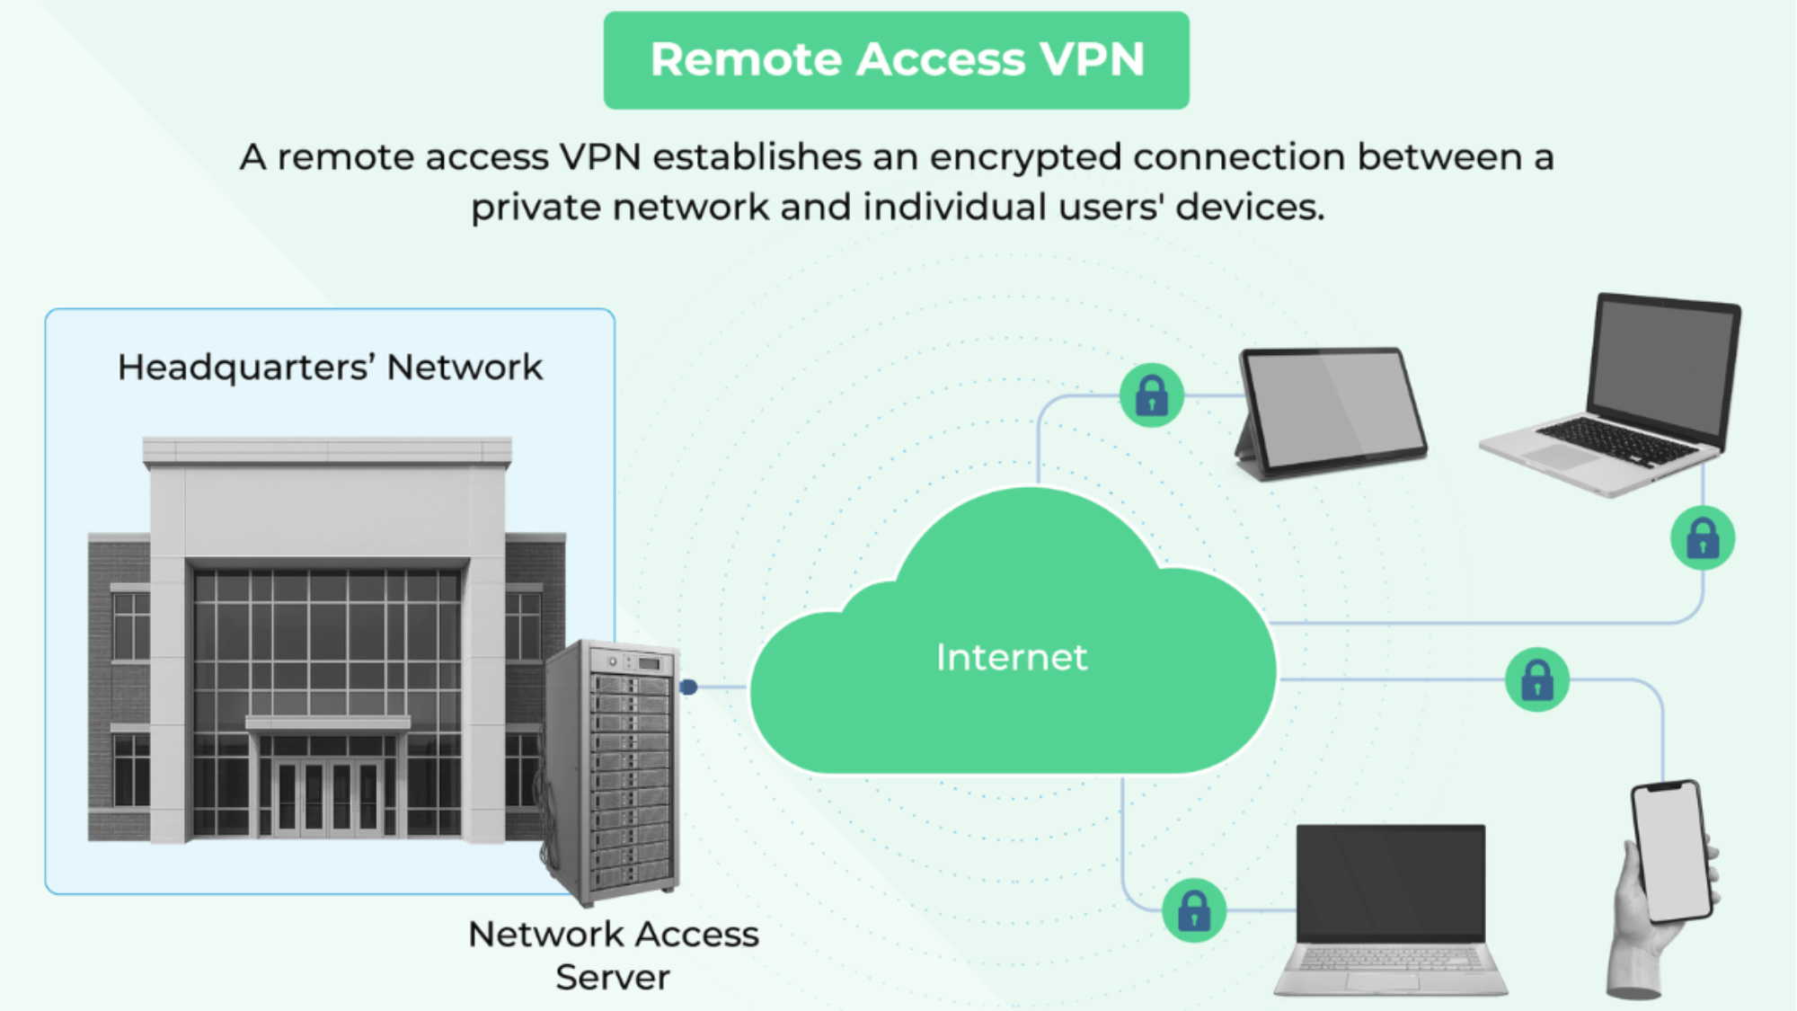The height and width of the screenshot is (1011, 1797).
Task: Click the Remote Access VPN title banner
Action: click(x=896, y=60)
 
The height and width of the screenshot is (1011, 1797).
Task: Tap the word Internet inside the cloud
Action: click(x=1012, y=658)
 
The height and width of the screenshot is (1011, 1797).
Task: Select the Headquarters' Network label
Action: click(x=330, y=368)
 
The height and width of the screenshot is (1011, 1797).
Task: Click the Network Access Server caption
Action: click(x=613, y=955)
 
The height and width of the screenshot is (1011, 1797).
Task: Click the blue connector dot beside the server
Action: click(x=688, y=687)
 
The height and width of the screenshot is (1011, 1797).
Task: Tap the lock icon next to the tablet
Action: click(x=1151, y=395)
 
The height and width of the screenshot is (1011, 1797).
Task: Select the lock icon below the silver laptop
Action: click(x=1702, y=539)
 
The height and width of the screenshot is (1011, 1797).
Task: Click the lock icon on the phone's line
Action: click(x=1536, y=680)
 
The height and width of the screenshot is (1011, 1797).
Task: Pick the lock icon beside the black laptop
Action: click(x=1193, y=910)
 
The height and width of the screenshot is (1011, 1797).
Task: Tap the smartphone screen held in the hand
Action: click(x=1671, y=849)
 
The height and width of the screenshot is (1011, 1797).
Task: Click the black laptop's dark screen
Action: click(x=1390, y=881)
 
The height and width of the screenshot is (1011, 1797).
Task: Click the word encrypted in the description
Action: click(x=1024, y=157)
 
